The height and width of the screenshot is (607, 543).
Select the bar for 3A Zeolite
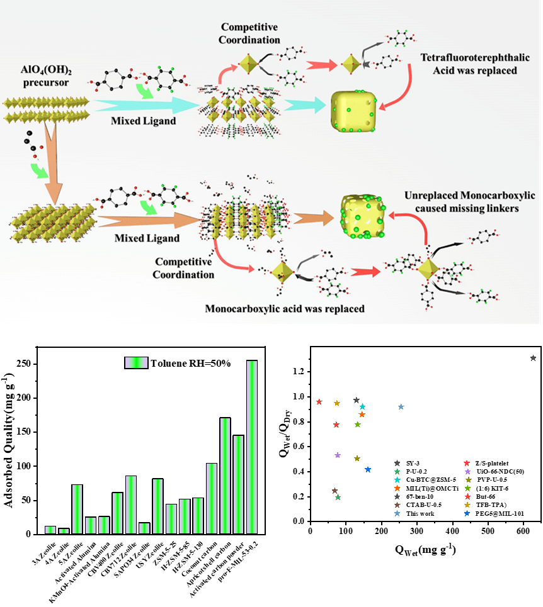pos(50,530)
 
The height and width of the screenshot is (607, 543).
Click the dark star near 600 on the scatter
pos(533,358)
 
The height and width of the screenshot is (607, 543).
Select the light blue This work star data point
pos(401,407)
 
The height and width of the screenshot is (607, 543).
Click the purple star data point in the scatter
pos(338,455)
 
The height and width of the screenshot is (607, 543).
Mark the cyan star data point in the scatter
pos(362,407)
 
